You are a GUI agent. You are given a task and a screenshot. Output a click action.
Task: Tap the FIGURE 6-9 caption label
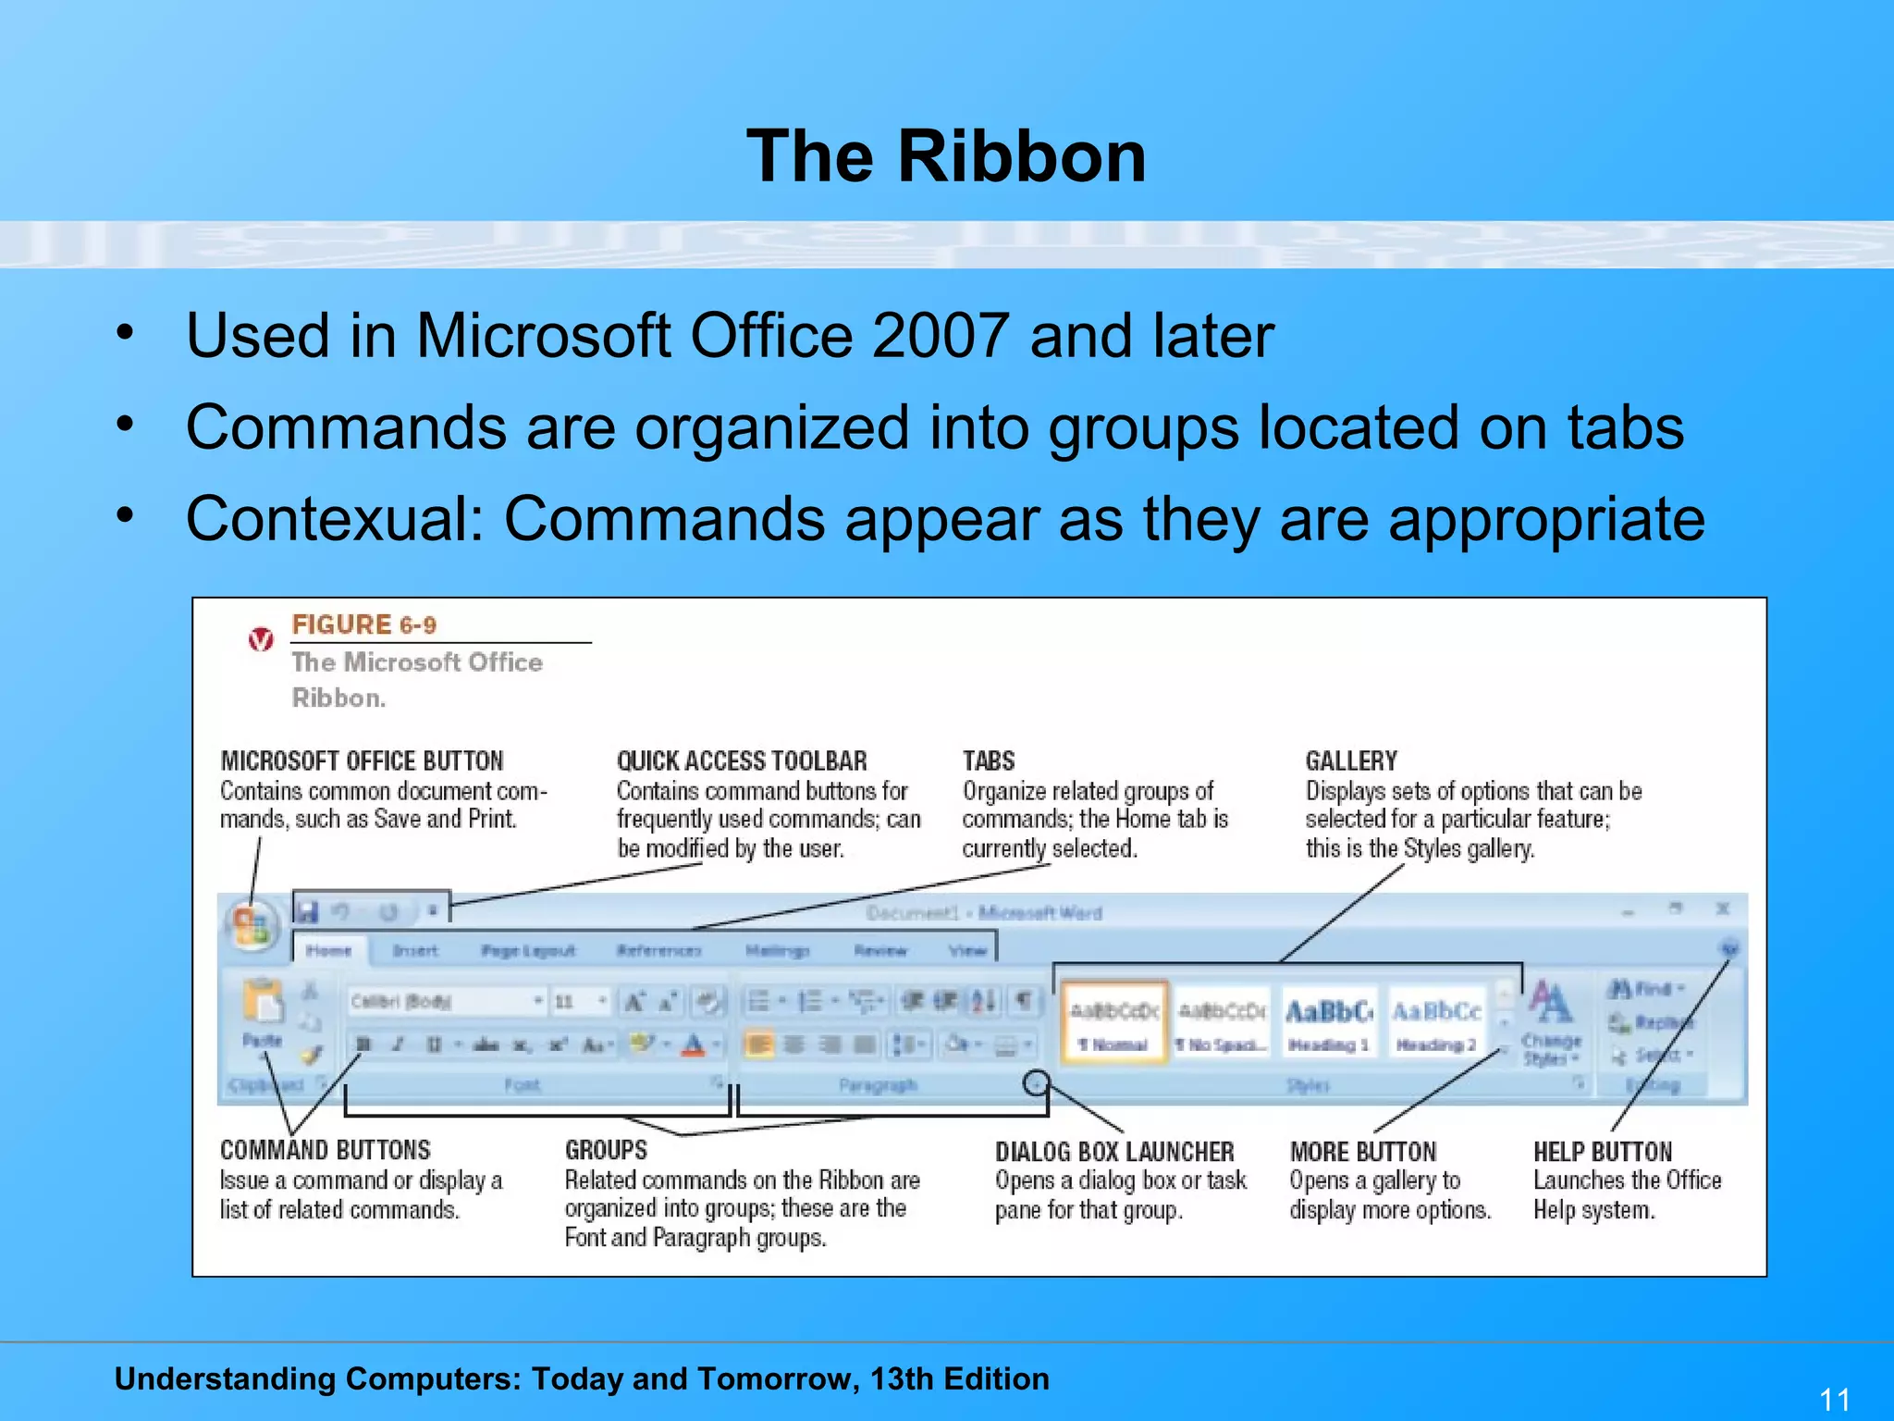point(363,624)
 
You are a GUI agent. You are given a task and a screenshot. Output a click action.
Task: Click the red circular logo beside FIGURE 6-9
point(261,639)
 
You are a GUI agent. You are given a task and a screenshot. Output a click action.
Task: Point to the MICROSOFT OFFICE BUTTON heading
point(362,760)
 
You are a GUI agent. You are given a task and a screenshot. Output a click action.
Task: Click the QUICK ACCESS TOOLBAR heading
point(742,760)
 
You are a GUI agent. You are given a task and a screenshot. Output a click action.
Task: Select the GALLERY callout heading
point(1351,760)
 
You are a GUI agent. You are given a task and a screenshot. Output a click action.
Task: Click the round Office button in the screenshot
point(251,924)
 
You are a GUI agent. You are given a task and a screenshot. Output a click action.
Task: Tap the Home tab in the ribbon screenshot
point(328,950)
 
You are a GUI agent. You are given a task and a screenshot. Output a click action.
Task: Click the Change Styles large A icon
point(1550,1004)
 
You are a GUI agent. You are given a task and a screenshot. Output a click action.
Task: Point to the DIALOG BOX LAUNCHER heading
point(1114,1152)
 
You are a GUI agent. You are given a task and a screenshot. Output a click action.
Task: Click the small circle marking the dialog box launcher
point(1037,1082)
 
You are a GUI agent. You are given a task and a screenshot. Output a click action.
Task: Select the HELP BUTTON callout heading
point(1603,1152)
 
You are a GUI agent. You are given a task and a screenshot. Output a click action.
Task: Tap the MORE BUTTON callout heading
point(1363,1152)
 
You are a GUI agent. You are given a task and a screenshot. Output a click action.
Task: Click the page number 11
point(1835,1399)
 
